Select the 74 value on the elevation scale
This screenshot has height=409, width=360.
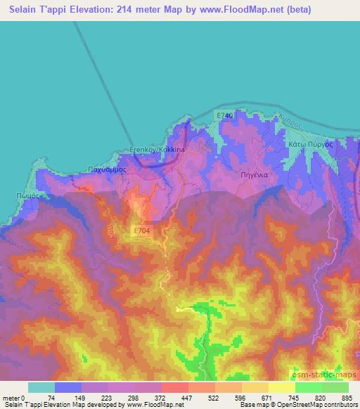53,398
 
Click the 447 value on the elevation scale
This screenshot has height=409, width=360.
187,398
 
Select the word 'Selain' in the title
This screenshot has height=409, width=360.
20,11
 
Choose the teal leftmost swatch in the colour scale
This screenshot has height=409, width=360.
41,387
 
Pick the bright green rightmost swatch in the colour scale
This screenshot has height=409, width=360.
335,387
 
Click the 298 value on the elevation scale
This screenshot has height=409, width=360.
134,398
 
